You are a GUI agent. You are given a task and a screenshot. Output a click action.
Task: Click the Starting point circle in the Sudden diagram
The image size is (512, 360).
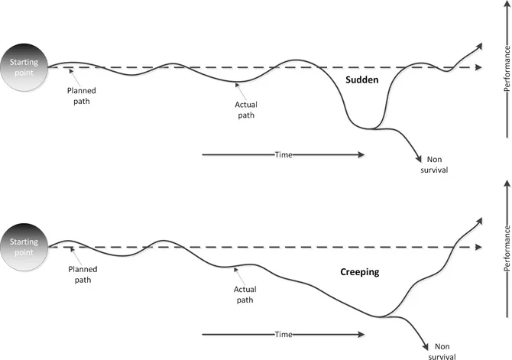(x=24, y=62)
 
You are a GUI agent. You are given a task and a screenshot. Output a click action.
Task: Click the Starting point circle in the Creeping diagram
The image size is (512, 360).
(x=24, y=245)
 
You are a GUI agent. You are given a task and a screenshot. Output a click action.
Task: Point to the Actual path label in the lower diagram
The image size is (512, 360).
(x=246, y=294)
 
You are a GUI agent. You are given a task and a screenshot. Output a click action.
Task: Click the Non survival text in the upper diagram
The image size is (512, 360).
(x=433, y=165)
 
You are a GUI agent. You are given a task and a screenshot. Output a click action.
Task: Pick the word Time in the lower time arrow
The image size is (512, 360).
(x=284, y=334)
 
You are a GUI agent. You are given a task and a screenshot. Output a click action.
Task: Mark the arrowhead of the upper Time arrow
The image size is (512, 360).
(x=361, y=155)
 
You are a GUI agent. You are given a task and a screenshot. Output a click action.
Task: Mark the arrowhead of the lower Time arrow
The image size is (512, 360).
(x=361, y=334)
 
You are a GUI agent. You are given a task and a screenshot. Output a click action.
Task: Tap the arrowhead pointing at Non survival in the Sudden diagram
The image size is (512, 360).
(x=420, y=158)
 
